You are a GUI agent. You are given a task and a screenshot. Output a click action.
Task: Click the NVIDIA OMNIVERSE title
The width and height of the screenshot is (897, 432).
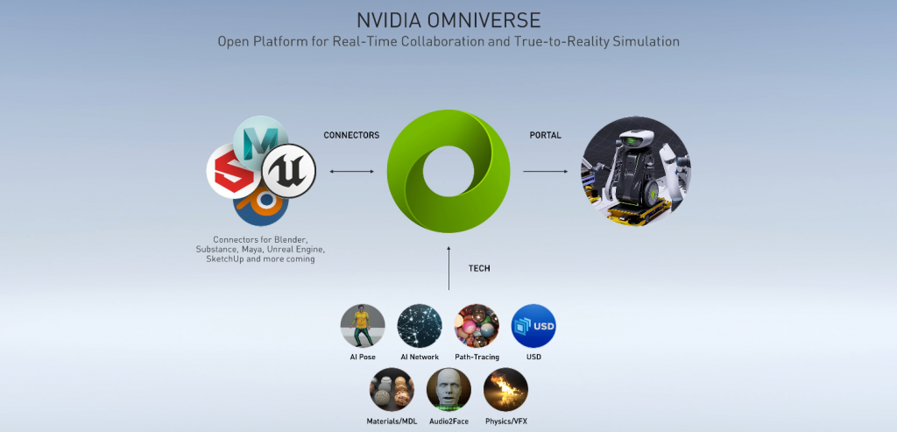(448, 20)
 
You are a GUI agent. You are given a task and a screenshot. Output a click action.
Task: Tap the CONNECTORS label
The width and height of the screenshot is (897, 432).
(351, 136)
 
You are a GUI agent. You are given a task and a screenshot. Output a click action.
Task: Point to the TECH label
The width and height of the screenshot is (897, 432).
(479, 268)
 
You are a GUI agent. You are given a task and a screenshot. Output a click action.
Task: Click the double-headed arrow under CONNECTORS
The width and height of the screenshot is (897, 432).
(351, 171)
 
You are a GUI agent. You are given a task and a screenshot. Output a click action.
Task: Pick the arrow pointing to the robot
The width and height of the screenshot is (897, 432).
(545, 171)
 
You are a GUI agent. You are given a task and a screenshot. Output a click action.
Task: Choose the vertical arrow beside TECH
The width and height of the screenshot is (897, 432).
(449, 268)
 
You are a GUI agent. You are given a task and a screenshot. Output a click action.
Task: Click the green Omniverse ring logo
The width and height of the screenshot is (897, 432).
(448, 171)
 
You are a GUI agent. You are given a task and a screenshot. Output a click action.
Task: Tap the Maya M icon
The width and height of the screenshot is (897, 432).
(260, 139)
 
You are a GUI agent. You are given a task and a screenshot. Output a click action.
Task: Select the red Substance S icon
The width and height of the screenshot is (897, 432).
(230, 171)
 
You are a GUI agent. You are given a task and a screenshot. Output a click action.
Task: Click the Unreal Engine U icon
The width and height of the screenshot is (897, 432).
(289, 171)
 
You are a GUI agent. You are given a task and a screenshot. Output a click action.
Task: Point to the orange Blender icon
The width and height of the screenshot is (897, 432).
(260, 205)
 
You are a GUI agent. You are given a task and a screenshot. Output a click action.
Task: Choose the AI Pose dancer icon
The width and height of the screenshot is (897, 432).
(363, 326)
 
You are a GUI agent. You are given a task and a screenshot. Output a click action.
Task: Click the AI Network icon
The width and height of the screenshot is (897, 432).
(420, 326)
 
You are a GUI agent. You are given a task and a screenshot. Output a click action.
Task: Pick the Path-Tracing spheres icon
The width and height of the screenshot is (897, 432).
(477, 326)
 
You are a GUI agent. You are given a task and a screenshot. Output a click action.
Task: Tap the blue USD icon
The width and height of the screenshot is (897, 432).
(533, 326)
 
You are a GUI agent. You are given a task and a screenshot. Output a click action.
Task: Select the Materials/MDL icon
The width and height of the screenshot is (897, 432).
(392, 390)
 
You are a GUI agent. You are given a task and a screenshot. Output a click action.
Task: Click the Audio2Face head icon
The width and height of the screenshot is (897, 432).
(448, 390)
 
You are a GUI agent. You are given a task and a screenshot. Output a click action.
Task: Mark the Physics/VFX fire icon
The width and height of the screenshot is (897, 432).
(505, 390)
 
